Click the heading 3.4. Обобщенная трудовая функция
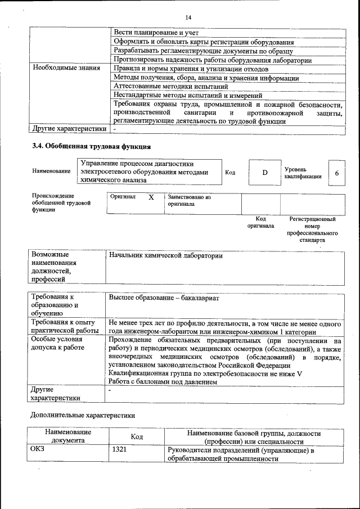[x=91, y=147]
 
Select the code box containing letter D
[x=264, y=172]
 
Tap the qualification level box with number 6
[x=336, y=173]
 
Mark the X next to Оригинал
[x=151, y=198]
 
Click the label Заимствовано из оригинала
[x=188, y=201]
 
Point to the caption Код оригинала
[x=260, y=222]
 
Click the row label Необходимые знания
[x=58, y=68]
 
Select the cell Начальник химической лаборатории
[x=166, y=256]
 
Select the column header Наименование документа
[x=68, y=436]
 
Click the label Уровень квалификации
[x=303, y=173]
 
